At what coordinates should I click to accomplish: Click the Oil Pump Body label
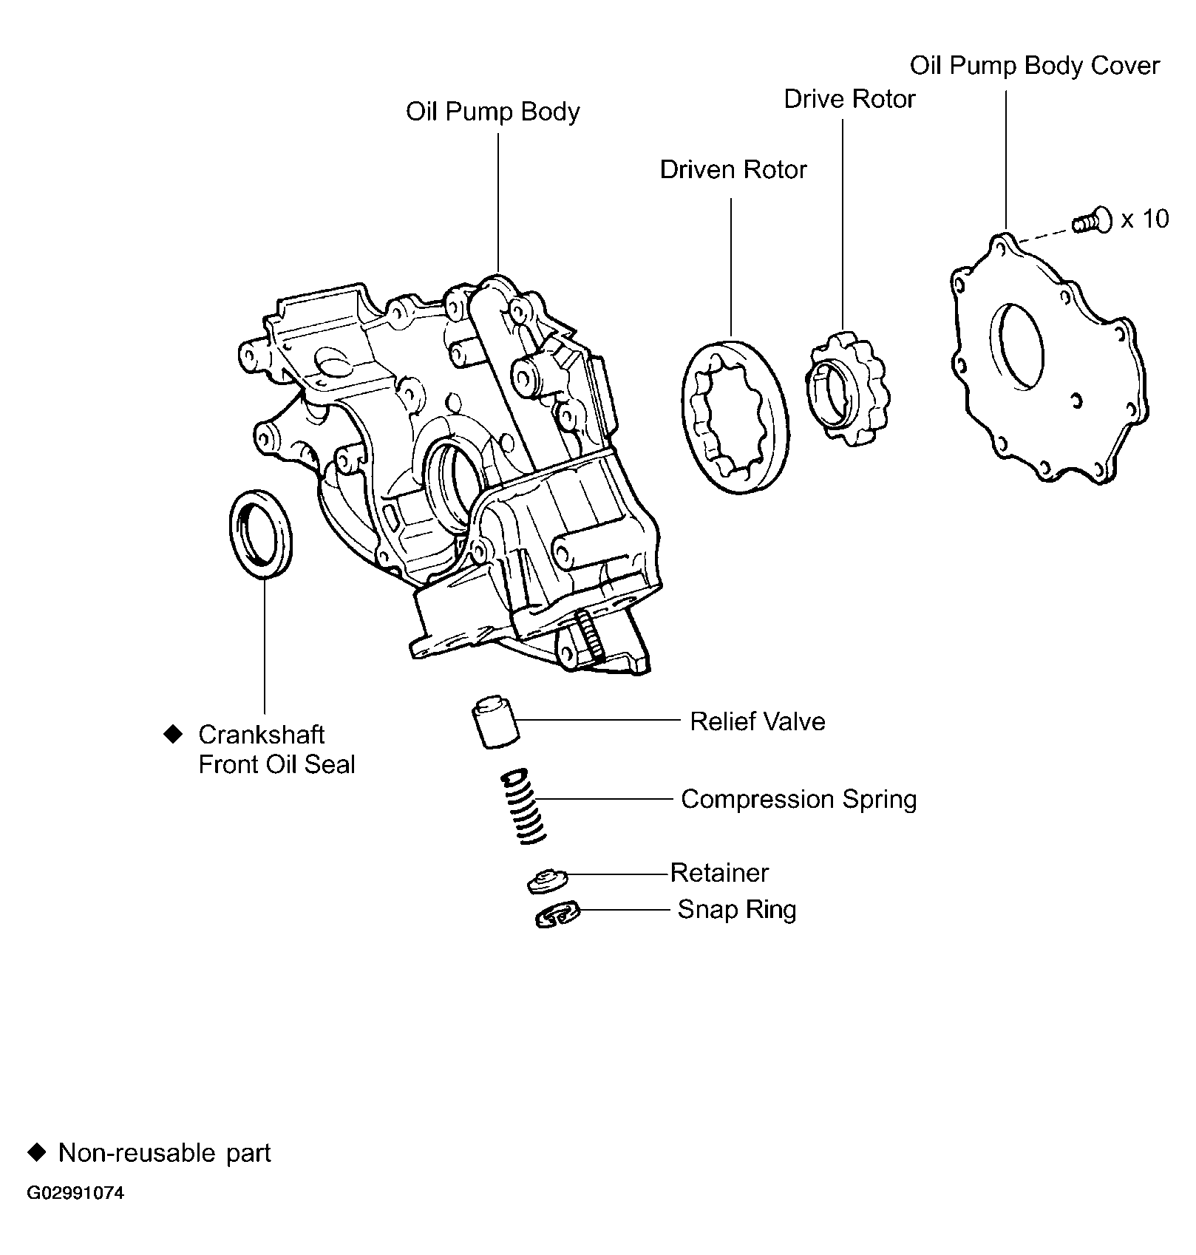492,112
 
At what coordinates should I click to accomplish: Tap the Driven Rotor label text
733,170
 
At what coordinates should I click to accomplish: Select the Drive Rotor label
849,99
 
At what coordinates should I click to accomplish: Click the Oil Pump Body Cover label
1034,66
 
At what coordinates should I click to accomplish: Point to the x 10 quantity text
1145,219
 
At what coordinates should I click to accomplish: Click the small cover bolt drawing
1093,221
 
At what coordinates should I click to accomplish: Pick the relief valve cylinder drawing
494,722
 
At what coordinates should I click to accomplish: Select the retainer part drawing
547,880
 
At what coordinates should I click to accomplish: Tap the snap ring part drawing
557,915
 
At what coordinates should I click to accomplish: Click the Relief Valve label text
757,721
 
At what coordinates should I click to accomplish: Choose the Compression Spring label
798,800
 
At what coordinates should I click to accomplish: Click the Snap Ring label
736,910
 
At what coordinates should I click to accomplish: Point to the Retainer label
719,874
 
